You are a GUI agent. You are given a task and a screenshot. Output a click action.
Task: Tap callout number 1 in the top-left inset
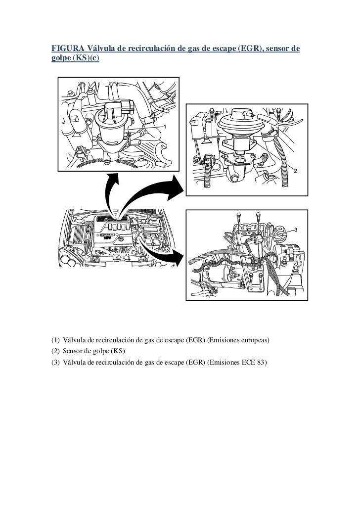pos(165,127)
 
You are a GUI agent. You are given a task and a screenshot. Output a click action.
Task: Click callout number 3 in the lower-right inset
pos(295,230)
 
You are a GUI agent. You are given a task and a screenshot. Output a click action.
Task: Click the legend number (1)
pos(55,341)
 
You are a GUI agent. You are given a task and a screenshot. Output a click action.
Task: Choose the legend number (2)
pos(55,351)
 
